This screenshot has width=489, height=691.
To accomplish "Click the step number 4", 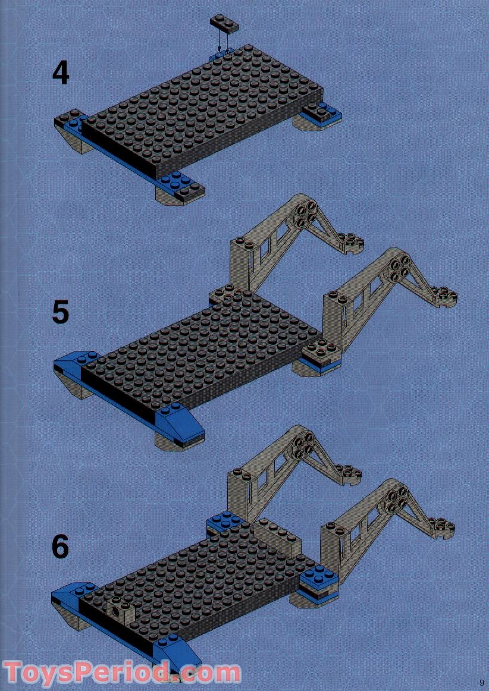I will tap(61, 74).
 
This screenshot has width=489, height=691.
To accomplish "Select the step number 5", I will tap(60, 312).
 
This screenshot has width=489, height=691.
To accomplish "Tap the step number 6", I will tap(60, 546).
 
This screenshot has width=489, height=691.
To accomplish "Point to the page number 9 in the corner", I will tap(481, 682).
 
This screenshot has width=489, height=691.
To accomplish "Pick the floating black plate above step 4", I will tap(224, 24).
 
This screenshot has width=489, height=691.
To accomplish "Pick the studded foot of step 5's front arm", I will tap(443, 294).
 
